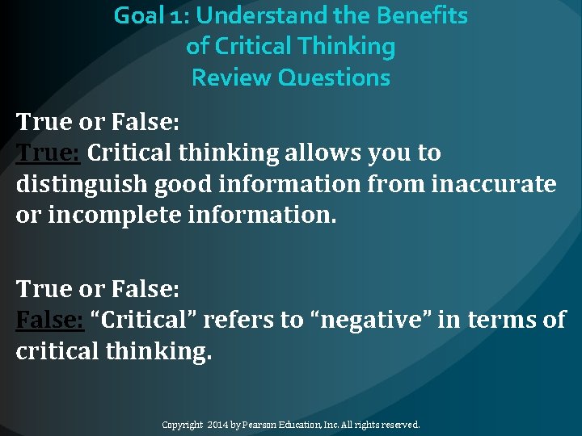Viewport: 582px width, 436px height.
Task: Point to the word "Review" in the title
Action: click(231, 78)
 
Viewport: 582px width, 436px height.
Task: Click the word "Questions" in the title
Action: click(334, 78)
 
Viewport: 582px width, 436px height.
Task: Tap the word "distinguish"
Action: click(80, 185)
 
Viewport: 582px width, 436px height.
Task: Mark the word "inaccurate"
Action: click(495, 185)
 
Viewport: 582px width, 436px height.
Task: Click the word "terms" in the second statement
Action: click(501, 320)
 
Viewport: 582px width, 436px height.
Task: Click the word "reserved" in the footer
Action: click(397, 425)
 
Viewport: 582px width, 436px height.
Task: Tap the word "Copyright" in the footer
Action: click(183, 425)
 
